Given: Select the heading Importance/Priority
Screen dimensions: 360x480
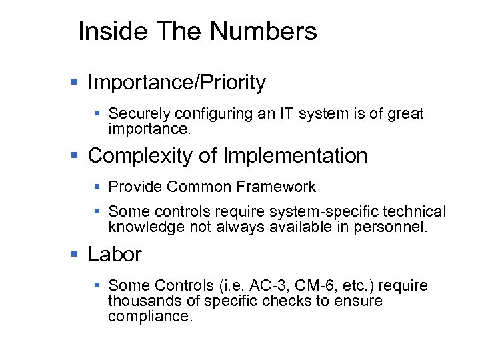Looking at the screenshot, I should pyautogui.click(x=177, y=83).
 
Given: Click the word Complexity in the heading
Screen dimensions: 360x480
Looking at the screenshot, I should pyautogui.click(x=140, y=156).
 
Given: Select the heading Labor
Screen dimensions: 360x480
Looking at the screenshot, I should pyautogui.click(x=115, y=255).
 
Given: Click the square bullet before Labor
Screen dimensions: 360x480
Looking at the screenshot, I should pyautogui.click(x=75, y=255).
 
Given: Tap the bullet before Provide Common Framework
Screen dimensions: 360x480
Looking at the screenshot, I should pyautogui.click(x=97, y=188).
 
